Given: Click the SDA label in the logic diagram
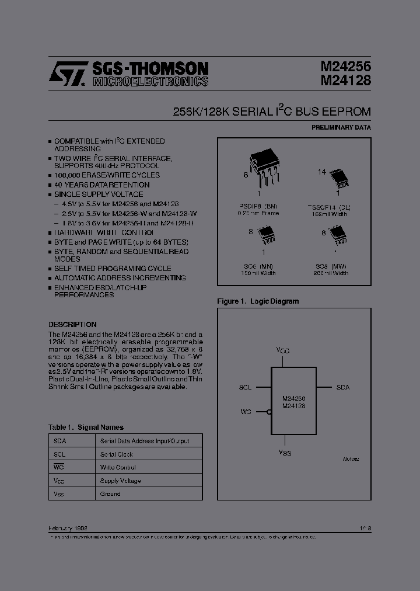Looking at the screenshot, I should [x=343, y=387].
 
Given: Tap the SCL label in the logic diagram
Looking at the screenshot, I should [x=246, y=387].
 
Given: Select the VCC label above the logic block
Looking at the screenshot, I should [x=283, y=350].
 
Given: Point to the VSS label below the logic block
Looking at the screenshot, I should [x=285, y=453].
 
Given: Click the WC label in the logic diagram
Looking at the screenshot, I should [x=246, y=412].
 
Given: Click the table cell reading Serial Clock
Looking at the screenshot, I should [x=117, y=454].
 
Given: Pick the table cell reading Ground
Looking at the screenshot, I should [x=110, y=493].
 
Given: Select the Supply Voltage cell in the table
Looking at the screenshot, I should [x=120, y=481].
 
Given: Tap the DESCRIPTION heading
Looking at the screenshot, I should [x=72, y=324].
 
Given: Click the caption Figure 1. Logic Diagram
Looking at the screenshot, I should [x=258, y=301].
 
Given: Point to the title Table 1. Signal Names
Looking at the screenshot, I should [x=86, y=427].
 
